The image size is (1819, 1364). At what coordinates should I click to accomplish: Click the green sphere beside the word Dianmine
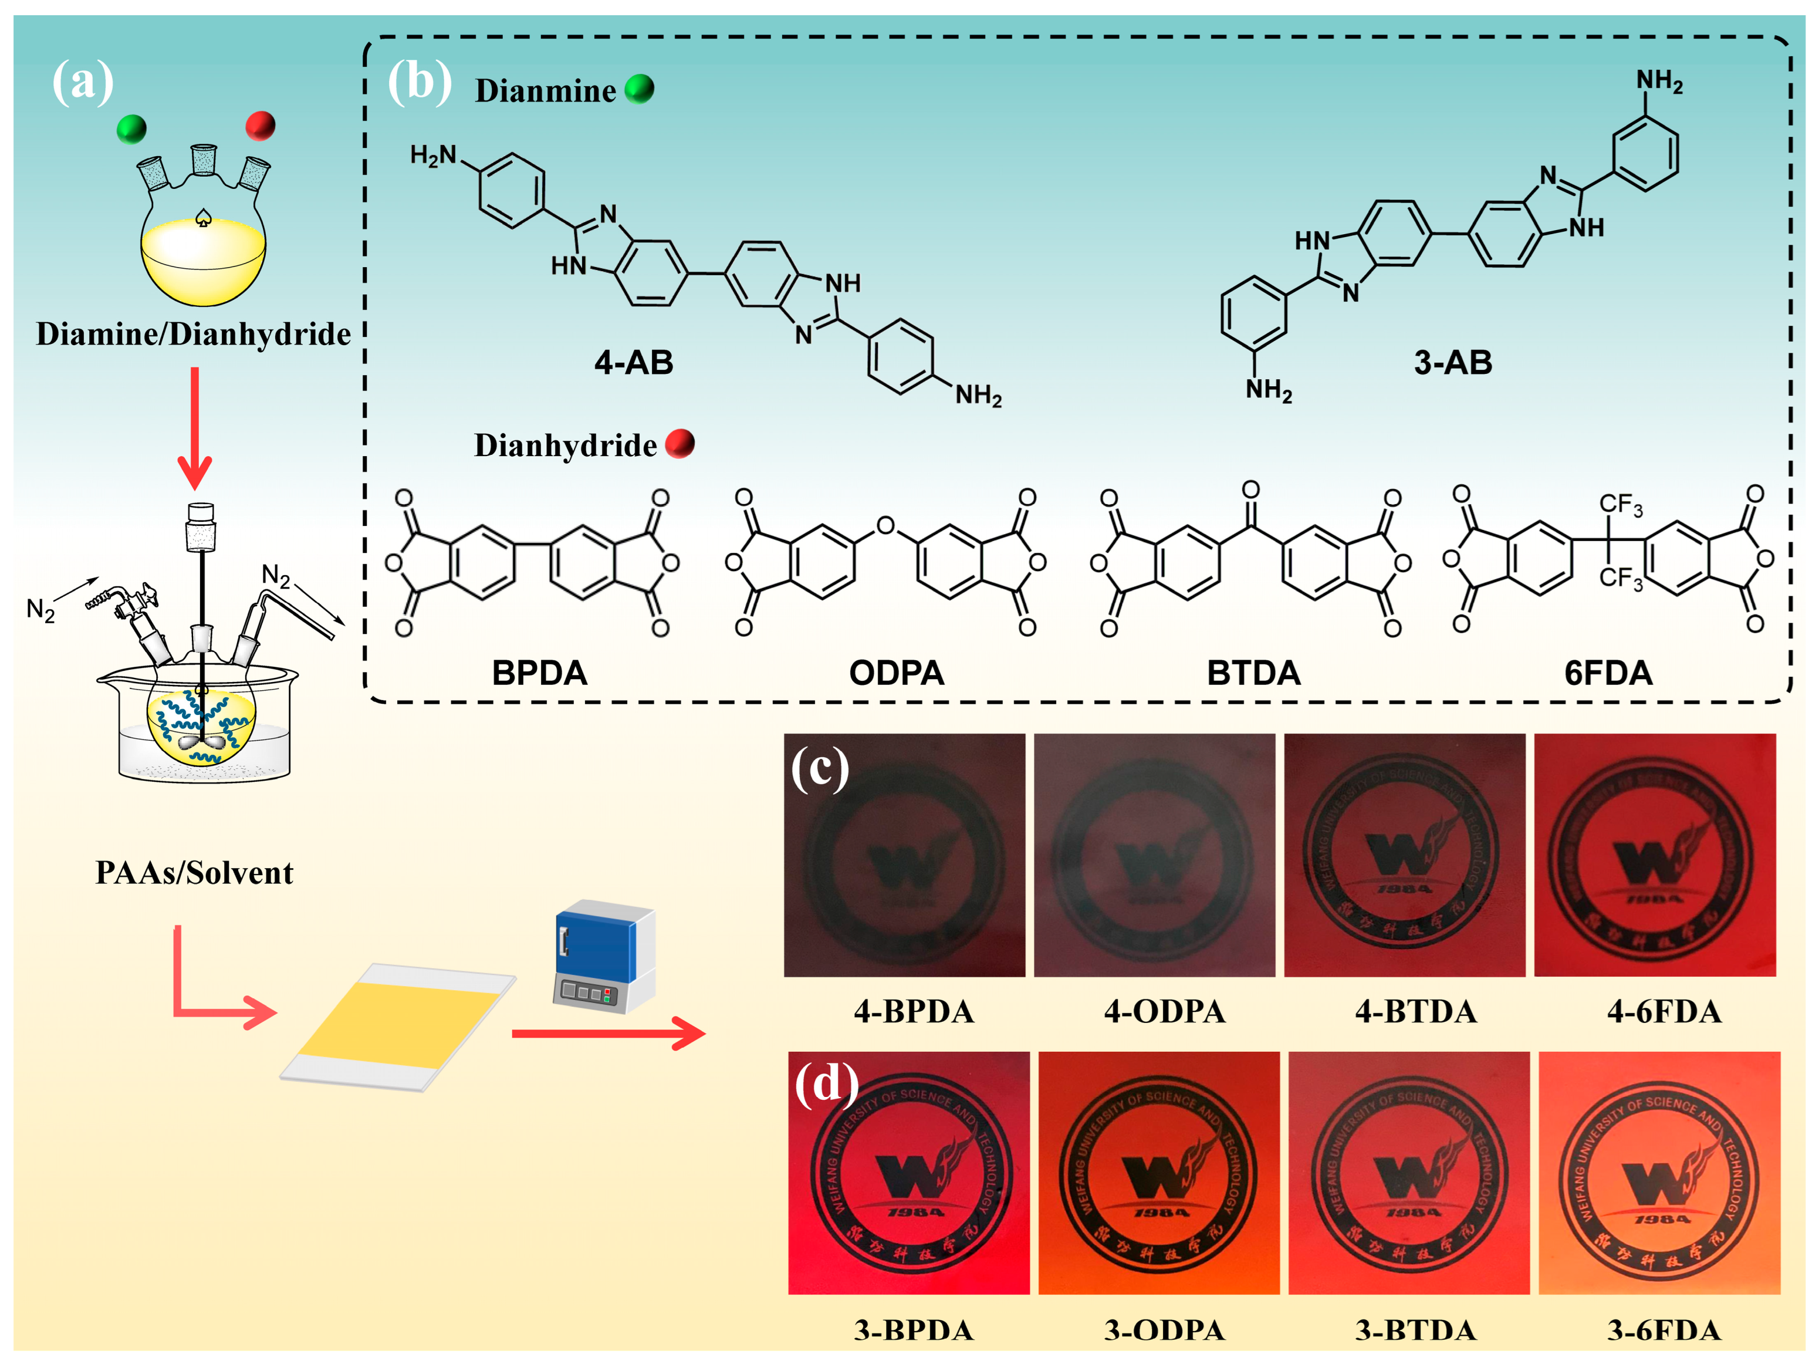tap(639, 88)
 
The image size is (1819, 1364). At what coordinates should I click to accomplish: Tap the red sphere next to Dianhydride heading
tap(679, 444)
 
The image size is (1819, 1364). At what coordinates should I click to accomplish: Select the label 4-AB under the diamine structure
tap(633, 363)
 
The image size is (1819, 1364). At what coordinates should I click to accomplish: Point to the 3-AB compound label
tap(1452, 363)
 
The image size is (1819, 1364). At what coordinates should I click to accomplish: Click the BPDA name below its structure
tap(539, 673)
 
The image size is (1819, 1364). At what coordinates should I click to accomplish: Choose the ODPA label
tap(897, 673)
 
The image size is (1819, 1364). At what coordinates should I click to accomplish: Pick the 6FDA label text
tap(1608, 673)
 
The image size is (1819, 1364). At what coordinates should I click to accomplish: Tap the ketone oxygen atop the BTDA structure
tap(1251, 490)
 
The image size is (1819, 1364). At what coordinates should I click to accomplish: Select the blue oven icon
tap(604, 954)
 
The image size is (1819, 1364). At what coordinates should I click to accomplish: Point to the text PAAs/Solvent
tap(194, 873)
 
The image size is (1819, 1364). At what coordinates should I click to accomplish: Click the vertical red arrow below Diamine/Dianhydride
tap(195, 428)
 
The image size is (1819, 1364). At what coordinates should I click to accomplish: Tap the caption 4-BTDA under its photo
tap(1416, 1011)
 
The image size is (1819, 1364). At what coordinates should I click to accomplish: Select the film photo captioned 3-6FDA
tap(1659, 1172)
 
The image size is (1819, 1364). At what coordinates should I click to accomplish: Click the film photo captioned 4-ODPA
tap(1154, 856)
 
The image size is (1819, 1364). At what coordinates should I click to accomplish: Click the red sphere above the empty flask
tap(261, 126)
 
